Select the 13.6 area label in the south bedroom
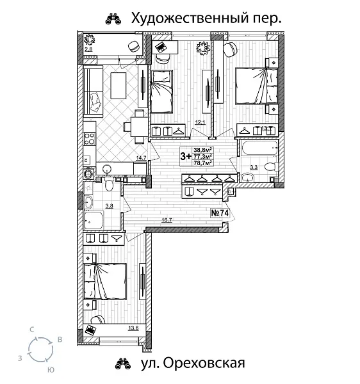click(x=133, y=328)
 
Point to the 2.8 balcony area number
click(x=89, y=49)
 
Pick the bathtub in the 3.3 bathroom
click(x=259, y=152)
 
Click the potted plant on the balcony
click(x=91, y=39)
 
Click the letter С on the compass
click(x=31, y=329)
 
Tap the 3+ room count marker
click(x=186, y=156)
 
